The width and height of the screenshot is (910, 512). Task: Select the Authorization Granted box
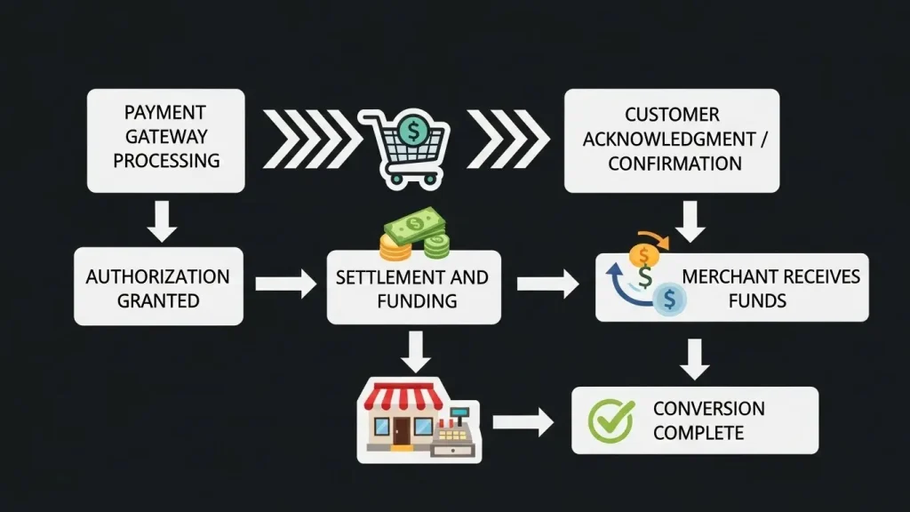pos(158,287)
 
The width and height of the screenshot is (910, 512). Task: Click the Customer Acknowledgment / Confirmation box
pos(671,140)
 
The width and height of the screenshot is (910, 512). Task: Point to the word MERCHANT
pos(720,276)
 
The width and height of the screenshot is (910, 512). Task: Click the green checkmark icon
pos(612,420)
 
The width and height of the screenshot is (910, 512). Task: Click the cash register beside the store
pos(455,431)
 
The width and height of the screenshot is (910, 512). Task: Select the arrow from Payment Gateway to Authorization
pos(162,220)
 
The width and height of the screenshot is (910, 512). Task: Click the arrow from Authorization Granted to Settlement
pos(284,284)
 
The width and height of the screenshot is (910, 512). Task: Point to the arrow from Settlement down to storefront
pos(415,351)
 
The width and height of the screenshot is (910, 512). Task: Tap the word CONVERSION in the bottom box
pos(708,409)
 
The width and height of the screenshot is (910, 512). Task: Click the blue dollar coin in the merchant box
pos(668,300)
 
